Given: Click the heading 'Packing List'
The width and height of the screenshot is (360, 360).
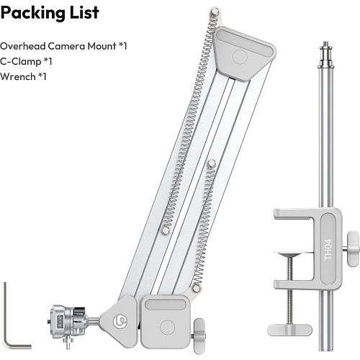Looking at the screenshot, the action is pos(50,13).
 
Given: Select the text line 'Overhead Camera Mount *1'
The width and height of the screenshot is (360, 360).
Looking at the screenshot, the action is pos(63,46).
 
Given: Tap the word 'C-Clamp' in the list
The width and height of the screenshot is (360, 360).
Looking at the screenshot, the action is pos(21,61).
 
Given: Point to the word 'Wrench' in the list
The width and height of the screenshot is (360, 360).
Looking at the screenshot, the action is pos(18,76).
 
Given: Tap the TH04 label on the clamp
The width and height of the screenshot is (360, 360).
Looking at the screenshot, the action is pos(328,250).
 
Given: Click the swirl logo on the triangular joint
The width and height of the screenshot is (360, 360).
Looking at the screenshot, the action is pos(120,321).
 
